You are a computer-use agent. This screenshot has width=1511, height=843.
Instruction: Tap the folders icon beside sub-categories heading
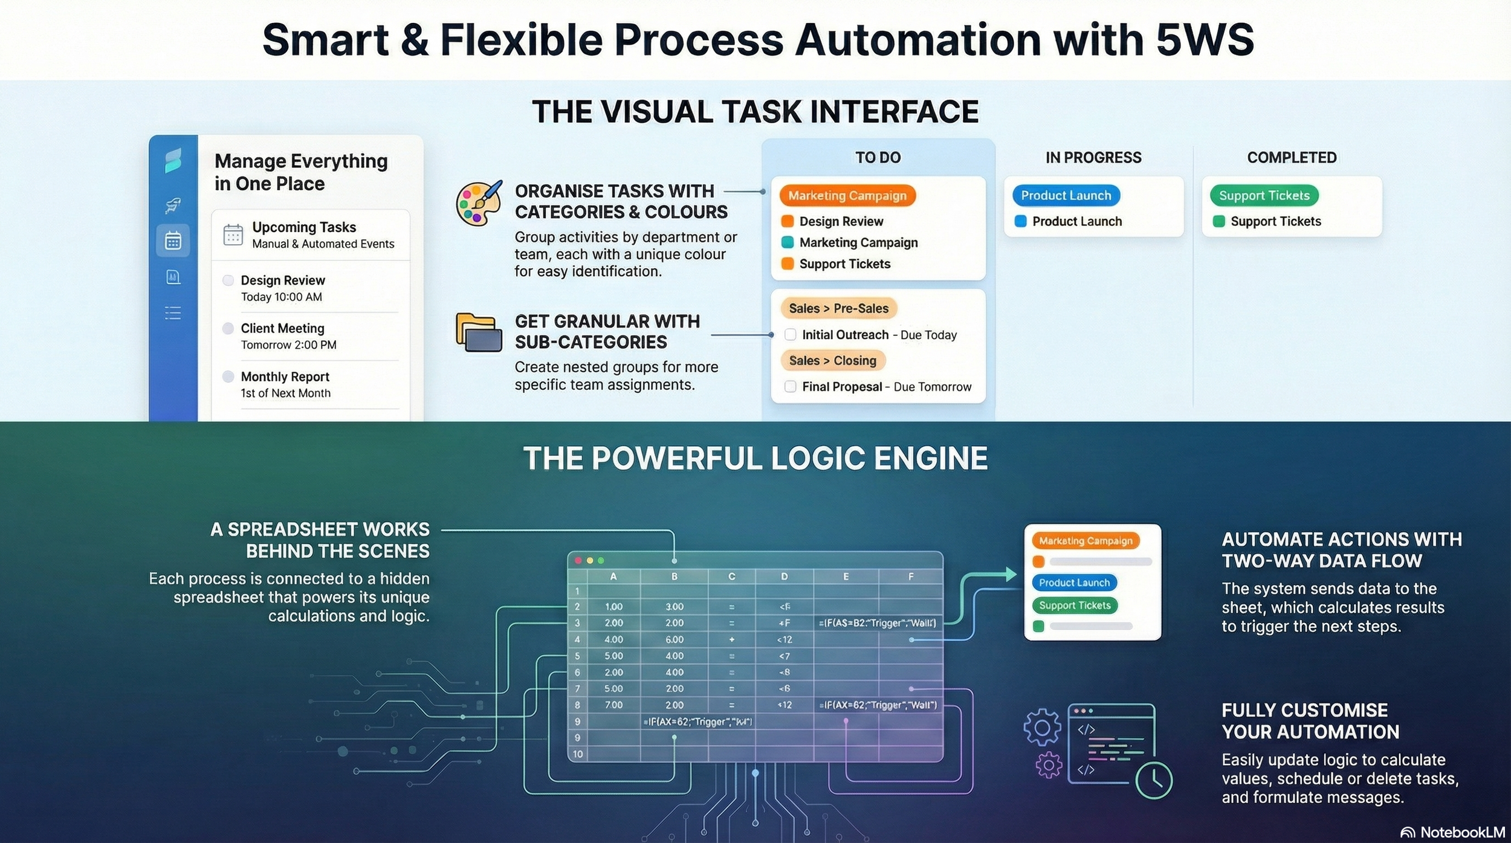click(x=479, y=332)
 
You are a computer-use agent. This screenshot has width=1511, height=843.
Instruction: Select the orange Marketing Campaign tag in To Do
click(x=847, y=196)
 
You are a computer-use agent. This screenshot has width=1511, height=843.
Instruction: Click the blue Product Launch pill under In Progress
click(x=1066, y=196)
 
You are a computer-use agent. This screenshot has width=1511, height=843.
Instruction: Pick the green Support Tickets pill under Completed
click(x=1264, y=196)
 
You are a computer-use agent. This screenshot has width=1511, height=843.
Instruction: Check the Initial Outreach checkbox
click(x=790, y=335)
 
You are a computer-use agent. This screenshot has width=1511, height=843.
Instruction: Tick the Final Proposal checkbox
click(x=790, y=387)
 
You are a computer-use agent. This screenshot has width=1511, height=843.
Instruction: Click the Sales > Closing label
click(x=832, y=361)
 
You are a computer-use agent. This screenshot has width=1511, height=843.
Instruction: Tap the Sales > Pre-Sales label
click(x=838, y=309)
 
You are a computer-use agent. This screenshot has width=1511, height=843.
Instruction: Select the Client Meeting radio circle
click(x=228, y=328)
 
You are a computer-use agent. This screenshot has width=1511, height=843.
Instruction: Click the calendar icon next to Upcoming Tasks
click(x=233, y=234)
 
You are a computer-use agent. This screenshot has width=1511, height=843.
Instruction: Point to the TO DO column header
click(x=878, y=158)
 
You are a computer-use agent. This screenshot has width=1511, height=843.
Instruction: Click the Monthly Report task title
click(x=285, y=377)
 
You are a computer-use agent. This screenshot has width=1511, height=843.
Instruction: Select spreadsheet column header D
click(x=784, y=577)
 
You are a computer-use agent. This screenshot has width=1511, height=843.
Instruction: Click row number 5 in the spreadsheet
click(x=578, y=656)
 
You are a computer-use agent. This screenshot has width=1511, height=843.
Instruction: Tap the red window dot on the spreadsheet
click(x=578, y=561)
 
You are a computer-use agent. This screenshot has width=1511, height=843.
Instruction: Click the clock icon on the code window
click(x=1154, y=780)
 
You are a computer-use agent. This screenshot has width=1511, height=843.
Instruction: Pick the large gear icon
click(x=1042, y=728)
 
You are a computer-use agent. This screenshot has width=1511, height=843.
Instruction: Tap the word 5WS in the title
click(x=1204, y=40)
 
